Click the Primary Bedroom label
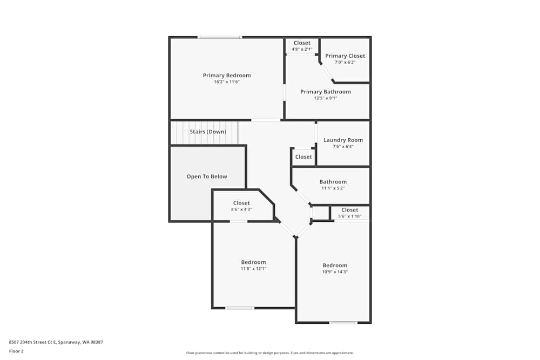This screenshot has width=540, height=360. [x=227, y=76]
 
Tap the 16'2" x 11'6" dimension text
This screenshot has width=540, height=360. [x=227, y=82]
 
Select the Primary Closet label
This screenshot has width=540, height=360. [x=345, y=56]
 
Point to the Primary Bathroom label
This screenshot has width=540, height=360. [x=326, y=92]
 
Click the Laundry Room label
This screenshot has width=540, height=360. [x=343, y=140]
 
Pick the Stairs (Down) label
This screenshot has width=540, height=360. [x=208, y=132]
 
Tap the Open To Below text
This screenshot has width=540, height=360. [x=207, y=176]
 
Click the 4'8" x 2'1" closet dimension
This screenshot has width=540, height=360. [x=302, y=50]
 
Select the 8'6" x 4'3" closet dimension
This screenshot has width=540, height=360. [x=241, y=209]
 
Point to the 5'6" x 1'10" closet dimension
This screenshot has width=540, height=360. [x=349, y=216]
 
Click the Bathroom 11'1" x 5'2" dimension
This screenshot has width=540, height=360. [x=333, y=188]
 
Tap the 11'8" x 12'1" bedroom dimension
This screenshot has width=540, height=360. [x=253, y=269]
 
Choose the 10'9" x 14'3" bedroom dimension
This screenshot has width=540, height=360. [x=335, y=272]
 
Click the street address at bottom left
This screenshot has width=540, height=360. [x=56, y=342]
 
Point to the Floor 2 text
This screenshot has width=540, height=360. [x=16, y=351]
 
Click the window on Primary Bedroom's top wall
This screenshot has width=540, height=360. [x=219, y=37]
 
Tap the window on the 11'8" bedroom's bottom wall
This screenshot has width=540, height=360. [x=240, y=308]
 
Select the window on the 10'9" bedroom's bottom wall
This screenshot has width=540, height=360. [x=343, y=323]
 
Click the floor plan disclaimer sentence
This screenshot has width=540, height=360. [x=270, y=353]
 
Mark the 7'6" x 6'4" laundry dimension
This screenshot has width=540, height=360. [x=343, y=147]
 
